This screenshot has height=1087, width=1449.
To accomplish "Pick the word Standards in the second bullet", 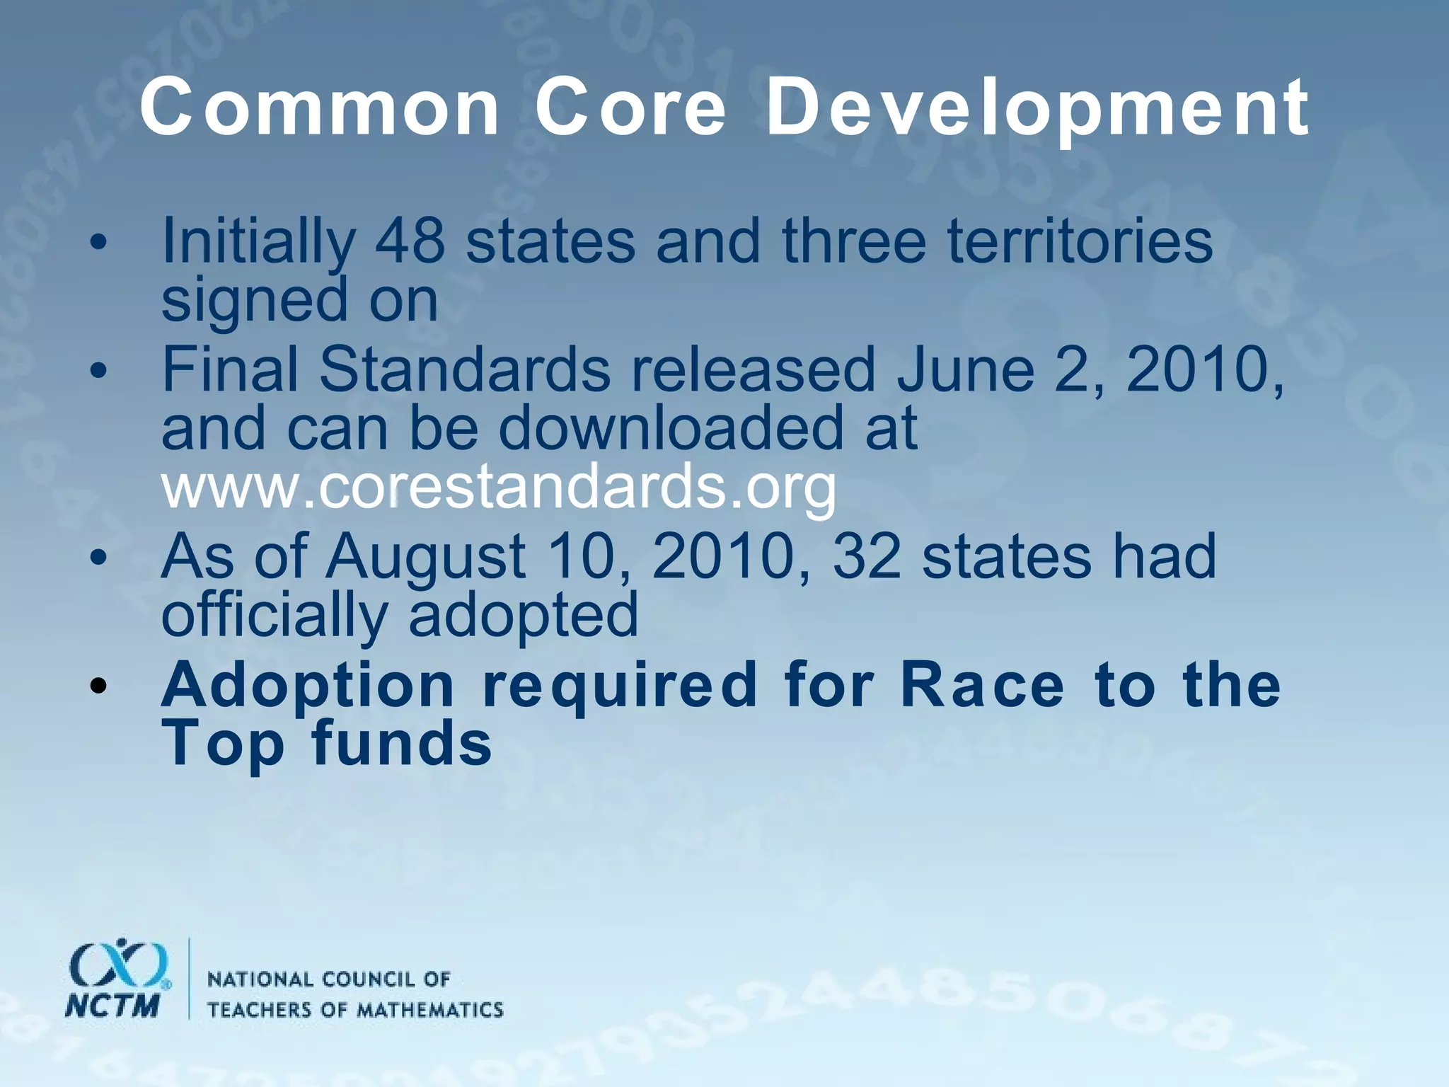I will (464, 371).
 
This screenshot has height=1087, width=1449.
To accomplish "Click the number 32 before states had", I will (867, 558).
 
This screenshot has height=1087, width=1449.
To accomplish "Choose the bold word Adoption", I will (308, 686).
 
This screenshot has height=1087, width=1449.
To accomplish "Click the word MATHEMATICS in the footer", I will (429, 1010).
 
